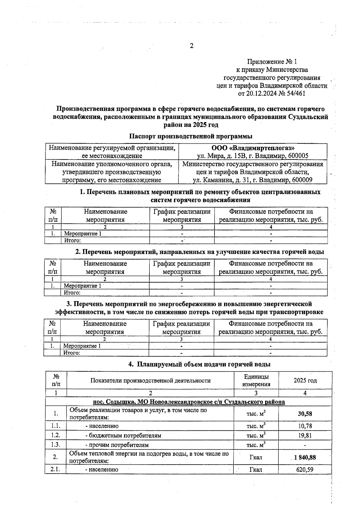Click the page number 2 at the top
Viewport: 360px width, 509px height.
tap(191, 46)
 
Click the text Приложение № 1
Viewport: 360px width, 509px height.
tap(272, 62)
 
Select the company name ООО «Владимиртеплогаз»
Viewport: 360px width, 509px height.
tap(253, 148)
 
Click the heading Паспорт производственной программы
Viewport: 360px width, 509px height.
tap(190, 136)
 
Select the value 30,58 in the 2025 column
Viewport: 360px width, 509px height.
tap(305, 414)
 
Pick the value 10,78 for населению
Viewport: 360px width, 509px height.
tap(305, 426)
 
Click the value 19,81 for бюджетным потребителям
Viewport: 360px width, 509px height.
tap(305, 436)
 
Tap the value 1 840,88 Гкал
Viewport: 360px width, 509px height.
tap(305, 457)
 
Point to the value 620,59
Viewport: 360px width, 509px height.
tap(305, 470)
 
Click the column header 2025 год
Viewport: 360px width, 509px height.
tap(305, 380)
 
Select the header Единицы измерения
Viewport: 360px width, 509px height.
tap(256, 380)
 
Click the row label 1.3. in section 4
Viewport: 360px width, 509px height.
tap(55, 445)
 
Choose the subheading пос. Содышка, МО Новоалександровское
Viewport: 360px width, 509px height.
tap(189, 402)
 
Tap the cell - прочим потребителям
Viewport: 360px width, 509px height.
tap(117, 445)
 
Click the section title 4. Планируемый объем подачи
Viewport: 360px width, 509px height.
tap(199, 364)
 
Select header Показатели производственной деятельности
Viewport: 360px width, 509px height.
tap(150, 380)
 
